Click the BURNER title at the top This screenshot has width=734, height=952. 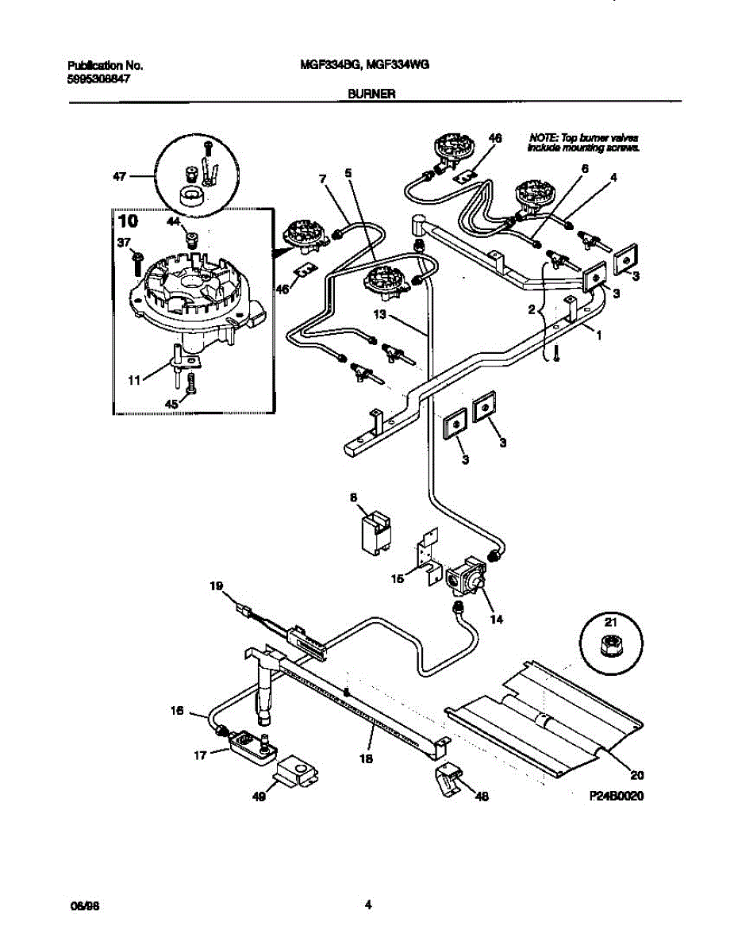371,93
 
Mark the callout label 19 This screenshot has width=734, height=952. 216,586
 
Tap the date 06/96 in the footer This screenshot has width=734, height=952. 78,905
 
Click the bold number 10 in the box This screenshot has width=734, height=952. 128,221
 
